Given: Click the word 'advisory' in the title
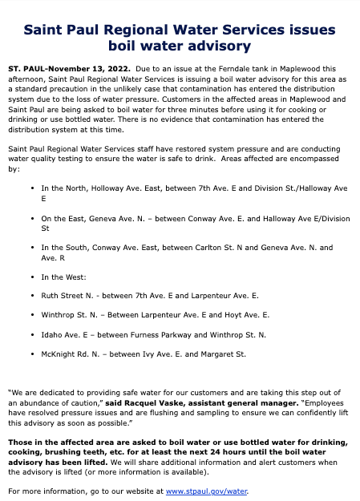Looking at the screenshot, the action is coord(216,46).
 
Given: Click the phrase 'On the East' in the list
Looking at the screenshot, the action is coord(60,218).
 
